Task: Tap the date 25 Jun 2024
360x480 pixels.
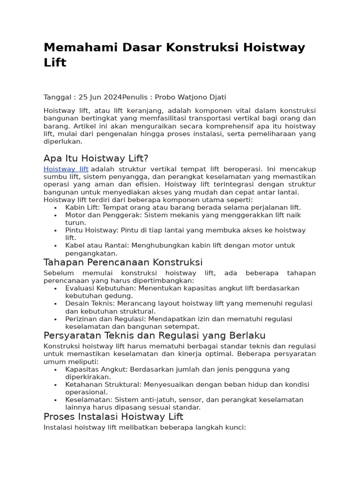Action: click(x=100, y=97)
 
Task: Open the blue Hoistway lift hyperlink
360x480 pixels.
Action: click(x=66, y=169)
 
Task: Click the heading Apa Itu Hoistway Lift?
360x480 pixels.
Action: click(x=96, y=157)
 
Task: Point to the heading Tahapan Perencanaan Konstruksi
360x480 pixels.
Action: click(x=123, y=262)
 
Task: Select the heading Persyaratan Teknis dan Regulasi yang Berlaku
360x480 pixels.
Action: click(x=154, y=335)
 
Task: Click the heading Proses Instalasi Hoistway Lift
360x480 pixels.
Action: click(x=113, y=416)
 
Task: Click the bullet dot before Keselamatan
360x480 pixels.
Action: click(x=56, y=400)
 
